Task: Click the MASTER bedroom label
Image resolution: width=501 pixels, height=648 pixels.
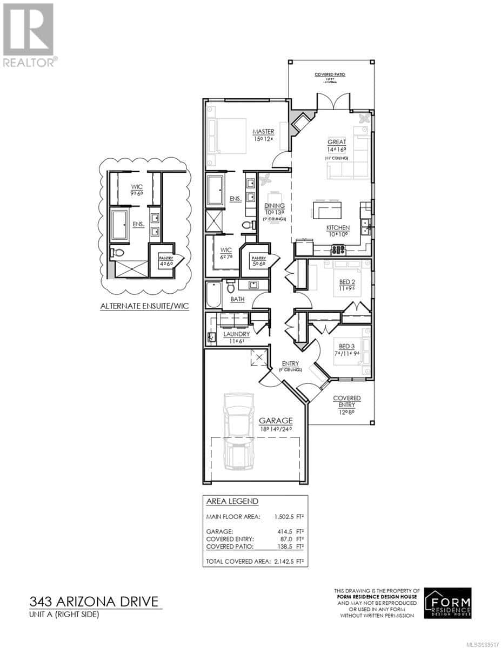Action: (x=264, y=132)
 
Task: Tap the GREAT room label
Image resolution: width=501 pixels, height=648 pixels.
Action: (x=336, y=142)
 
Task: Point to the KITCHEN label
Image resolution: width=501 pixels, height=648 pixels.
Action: (x=338, y=228)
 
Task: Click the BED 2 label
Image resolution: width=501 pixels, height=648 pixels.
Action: (x=347, y=282)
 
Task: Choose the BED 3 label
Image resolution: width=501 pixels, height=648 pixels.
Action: (x=347, y=346)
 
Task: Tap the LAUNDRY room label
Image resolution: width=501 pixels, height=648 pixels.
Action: (x=237, y=334)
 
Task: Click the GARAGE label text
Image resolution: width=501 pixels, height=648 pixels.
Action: (x=276, y=420)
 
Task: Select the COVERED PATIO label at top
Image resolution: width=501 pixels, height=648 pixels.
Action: (x=330, y=75)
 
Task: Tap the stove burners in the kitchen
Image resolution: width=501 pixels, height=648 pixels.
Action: (x=338, y=249)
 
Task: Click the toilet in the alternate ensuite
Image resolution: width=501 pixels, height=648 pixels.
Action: (x=118, y=252)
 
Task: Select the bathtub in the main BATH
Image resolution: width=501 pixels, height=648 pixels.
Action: (x=213, y=295)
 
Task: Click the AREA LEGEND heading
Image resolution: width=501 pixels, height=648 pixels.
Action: (x=232, y=501)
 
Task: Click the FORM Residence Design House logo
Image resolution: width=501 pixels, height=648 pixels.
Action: (x=447, y=603)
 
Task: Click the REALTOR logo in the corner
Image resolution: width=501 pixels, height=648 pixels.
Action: (x=29, y=35)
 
